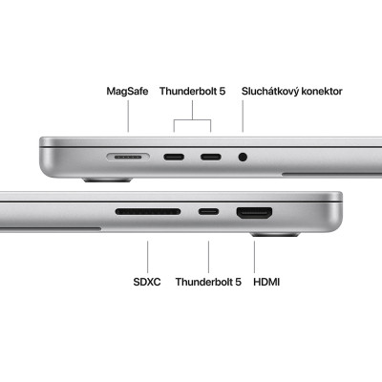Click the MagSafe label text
click(x=128, y=92)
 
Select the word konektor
click(x=321, y=92)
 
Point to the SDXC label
click(x=148, y=282)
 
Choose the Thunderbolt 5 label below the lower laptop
click(x=208, y=282)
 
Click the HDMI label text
click(x=266, y=282)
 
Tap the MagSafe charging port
click(x=128, y=156)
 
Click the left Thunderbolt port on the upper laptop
click(x=176, y=156)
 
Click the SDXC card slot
click(x=147, y=213)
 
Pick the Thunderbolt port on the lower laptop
click(x=208, y=213)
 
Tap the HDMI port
click(x=253, y=213)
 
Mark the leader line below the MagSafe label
click(x=128, y=117)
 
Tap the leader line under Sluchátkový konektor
click(x=243, y=117)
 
